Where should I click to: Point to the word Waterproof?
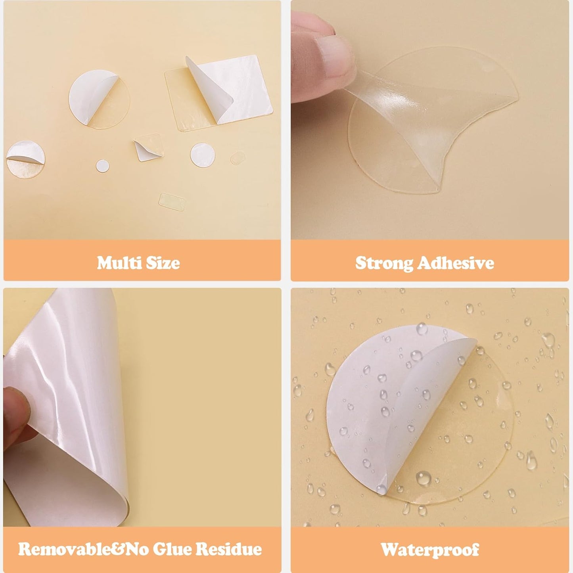click(430, 550)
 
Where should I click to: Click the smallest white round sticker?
click(102, 166)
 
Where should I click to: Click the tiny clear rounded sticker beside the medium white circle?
click(238, 157)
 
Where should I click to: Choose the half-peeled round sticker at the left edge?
click(25, 159)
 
